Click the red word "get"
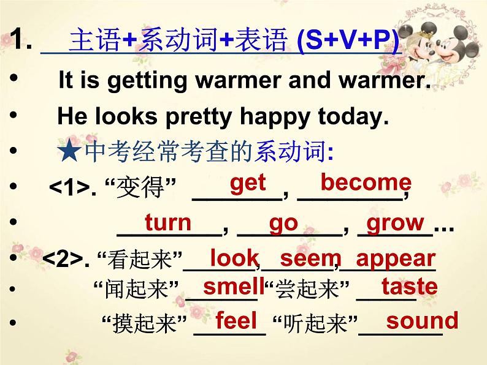[248, 184]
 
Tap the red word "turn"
[168, 222]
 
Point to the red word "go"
[283, 225]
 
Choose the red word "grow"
[395, 224]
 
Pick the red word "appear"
[396, 260]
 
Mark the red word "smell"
[234, 286]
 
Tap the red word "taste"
[409, 286]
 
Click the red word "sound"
[422, 320]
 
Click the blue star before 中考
[69, 151]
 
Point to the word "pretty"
[199, 117]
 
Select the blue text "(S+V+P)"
[348, 40]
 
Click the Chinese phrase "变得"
[140, 187]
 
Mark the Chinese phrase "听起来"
[315, 323]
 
